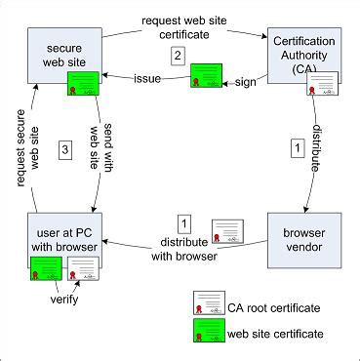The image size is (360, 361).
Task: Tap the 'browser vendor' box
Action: point(305,237)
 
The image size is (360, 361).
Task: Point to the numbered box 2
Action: point(177,57)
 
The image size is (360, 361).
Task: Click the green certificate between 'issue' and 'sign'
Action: point(207,78)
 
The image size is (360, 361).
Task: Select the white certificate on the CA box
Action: point(324,93)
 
